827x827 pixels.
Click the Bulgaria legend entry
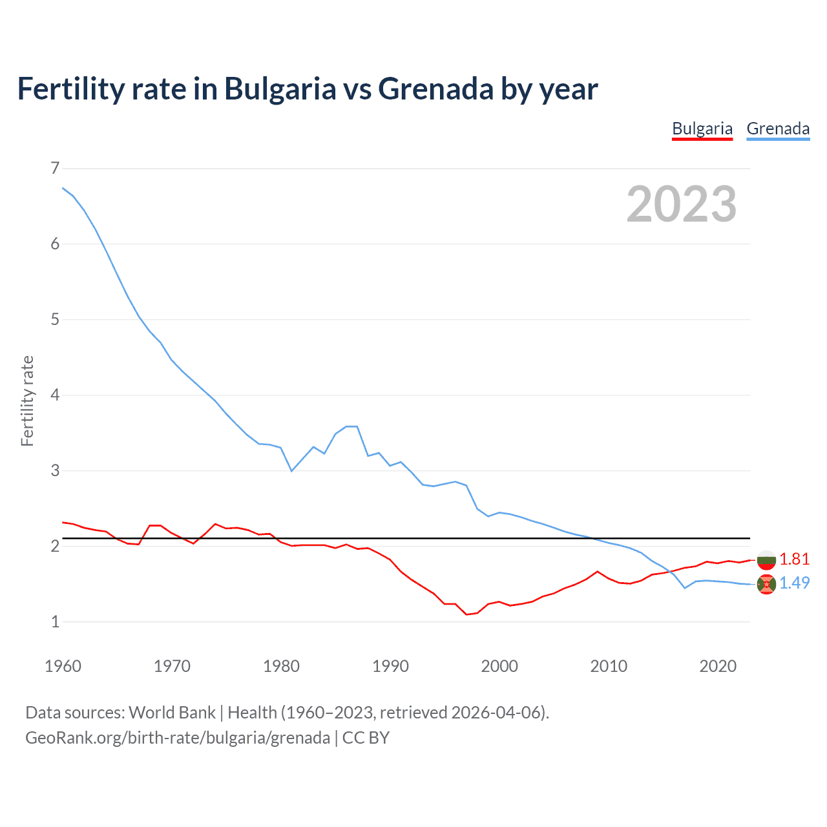pos(702,129)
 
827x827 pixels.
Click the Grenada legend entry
pos(778,129)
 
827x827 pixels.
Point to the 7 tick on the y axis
pos(55,169)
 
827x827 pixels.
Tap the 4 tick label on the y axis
pos(55,395)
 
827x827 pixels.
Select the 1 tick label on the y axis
pos(55,622)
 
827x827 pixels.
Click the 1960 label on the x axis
pos(63,666)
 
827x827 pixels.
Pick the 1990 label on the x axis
pos(390,666)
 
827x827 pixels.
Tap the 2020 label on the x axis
pos(718,666)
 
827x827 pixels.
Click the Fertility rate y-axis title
pos(27,401)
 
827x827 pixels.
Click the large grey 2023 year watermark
pos(682,204)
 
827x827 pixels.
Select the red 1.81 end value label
pos(794,559)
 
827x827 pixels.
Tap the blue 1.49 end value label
pos(794,583)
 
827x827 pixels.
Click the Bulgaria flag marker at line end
pos(766,560)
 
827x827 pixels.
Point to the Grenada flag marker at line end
pos(766,584)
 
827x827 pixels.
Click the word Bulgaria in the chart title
pos(280,89)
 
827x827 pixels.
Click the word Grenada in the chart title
pos(436,89)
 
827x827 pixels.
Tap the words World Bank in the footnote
pos(172,713)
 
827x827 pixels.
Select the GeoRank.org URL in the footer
pos(178,738)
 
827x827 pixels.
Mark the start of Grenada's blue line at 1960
pos(63,188)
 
